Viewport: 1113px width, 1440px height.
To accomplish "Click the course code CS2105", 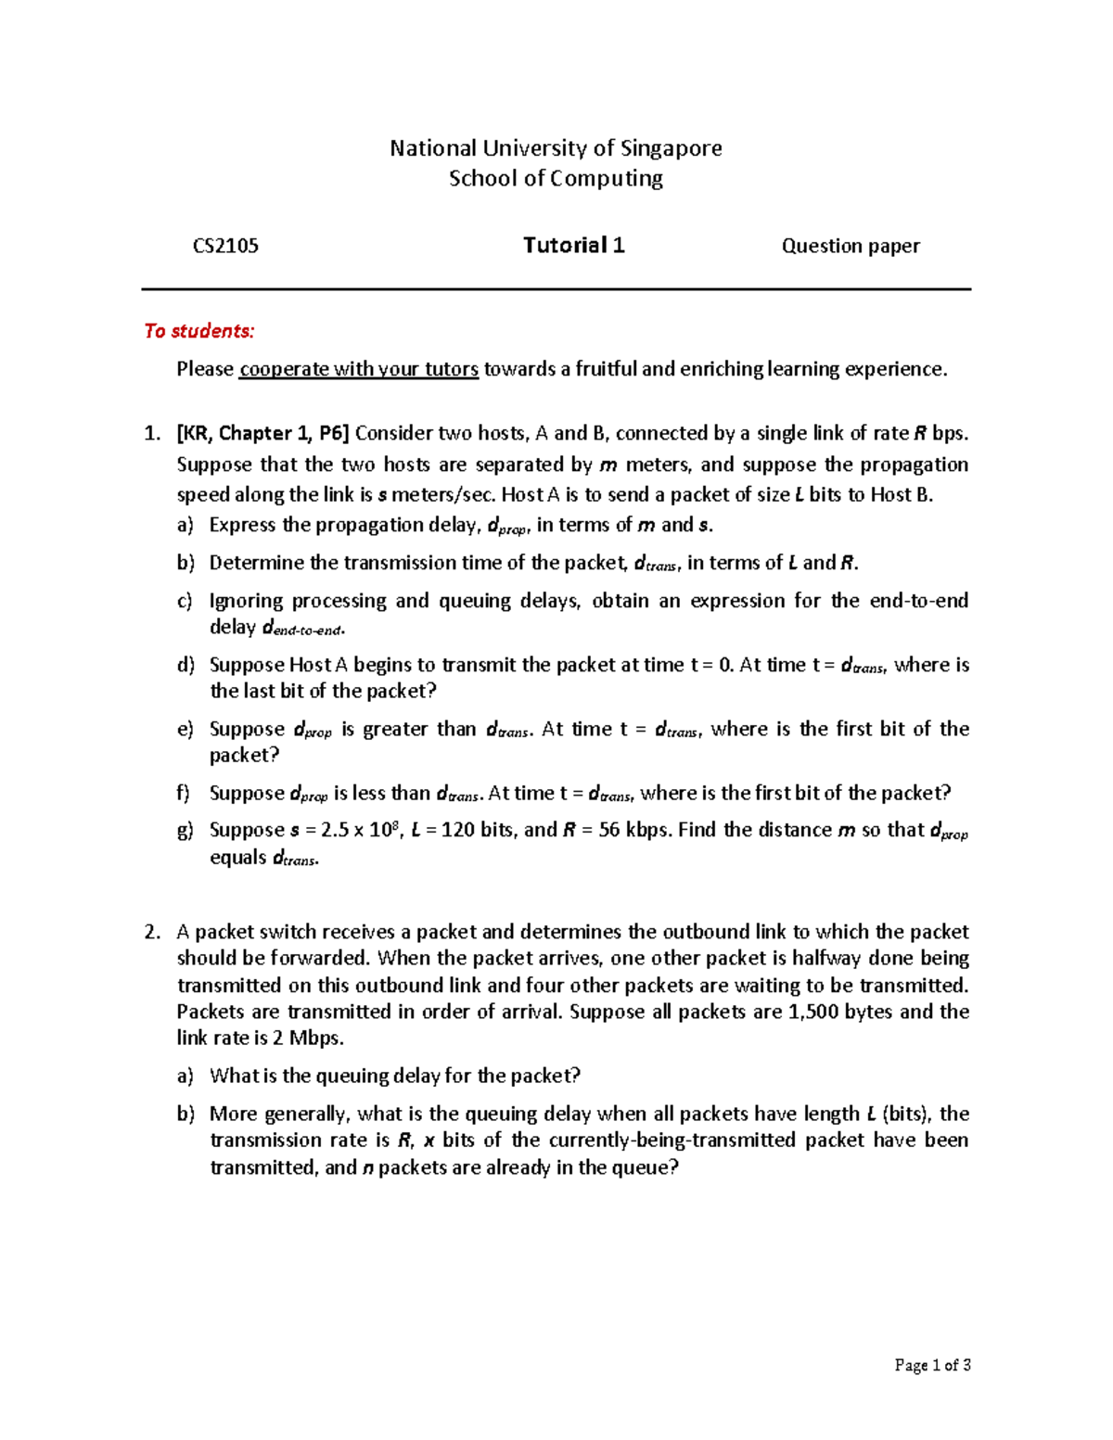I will (225, 246).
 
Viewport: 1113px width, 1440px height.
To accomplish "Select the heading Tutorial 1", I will (573, 245).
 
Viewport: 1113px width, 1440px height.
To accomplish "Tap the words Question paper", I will (851, 246).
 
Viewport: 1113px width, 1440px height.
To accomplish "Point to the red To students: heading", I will (198, 331).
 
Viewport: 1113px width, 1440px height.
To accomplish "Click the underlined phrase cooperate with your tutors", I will (359, 369).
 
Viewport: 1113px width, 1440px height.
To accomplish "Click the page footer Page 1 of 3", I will (932, 1365).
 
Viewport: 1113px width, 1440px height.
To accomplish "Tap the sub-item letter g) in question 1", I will (185, 831).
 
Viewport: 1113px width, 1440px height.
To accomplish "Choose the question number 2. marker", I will (153, 932).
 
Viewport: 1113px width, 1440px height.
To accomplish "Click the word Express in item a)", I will (242, 525).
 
